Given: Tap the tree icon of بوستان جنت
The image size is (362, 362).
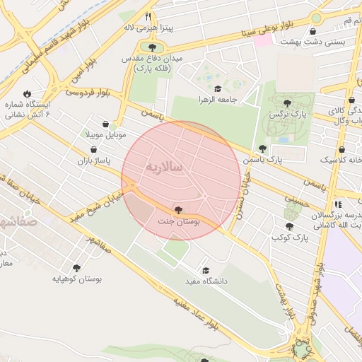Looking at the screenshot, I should (178, 210).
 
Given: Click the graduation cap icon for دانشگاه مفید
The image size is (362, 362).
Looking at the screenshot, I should (206, 270).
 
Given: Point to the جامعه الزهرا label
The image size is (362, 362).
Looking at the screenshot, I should (218, 100).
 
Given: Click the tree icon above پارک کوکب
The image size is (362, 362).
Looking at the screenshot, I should (288, 226).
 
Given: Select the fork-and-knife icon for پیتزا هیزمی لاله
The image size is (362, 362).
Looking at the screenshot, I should (148, 16).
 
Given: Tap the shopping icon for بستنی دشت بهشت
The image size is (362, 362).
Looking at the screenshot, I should (313, 30).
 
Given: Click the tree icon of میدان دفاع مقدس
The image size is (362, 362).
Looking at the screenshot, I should (151, 47).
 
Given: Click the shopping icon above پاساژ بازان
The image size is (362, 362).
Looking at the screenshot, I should (95, 150).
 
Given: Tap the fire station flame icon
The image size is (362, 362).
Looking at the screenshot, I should (27, 93).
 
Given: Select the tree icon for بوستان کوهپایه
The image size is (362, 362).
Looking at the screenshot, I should (76, 268).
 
